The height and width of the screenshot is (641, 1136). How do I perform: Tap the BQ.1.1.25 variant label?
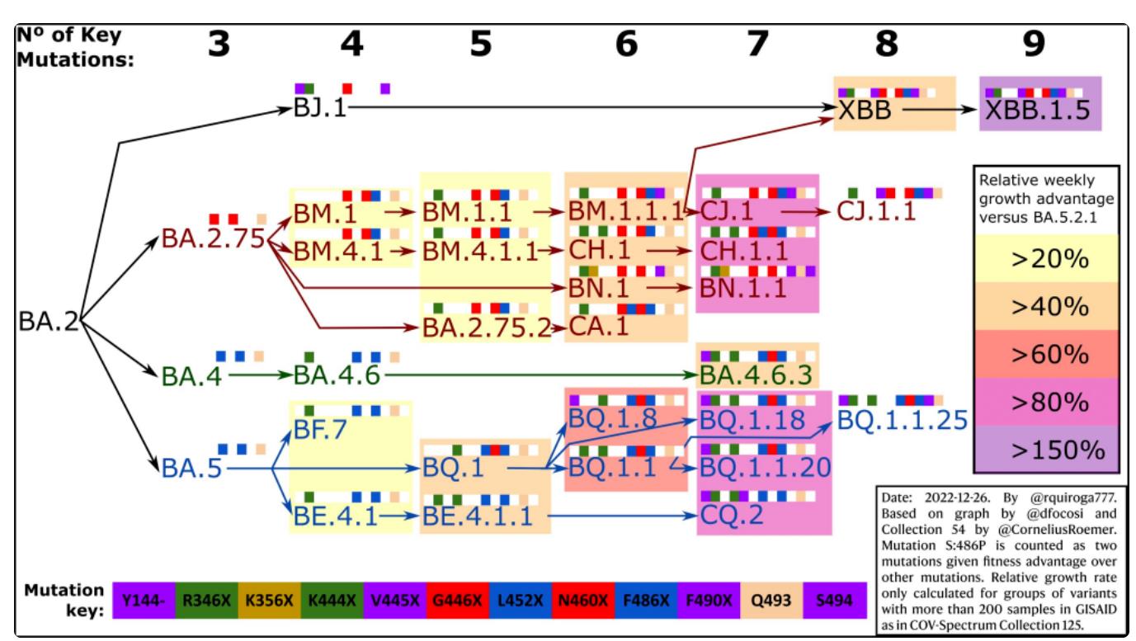[901, 421]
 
